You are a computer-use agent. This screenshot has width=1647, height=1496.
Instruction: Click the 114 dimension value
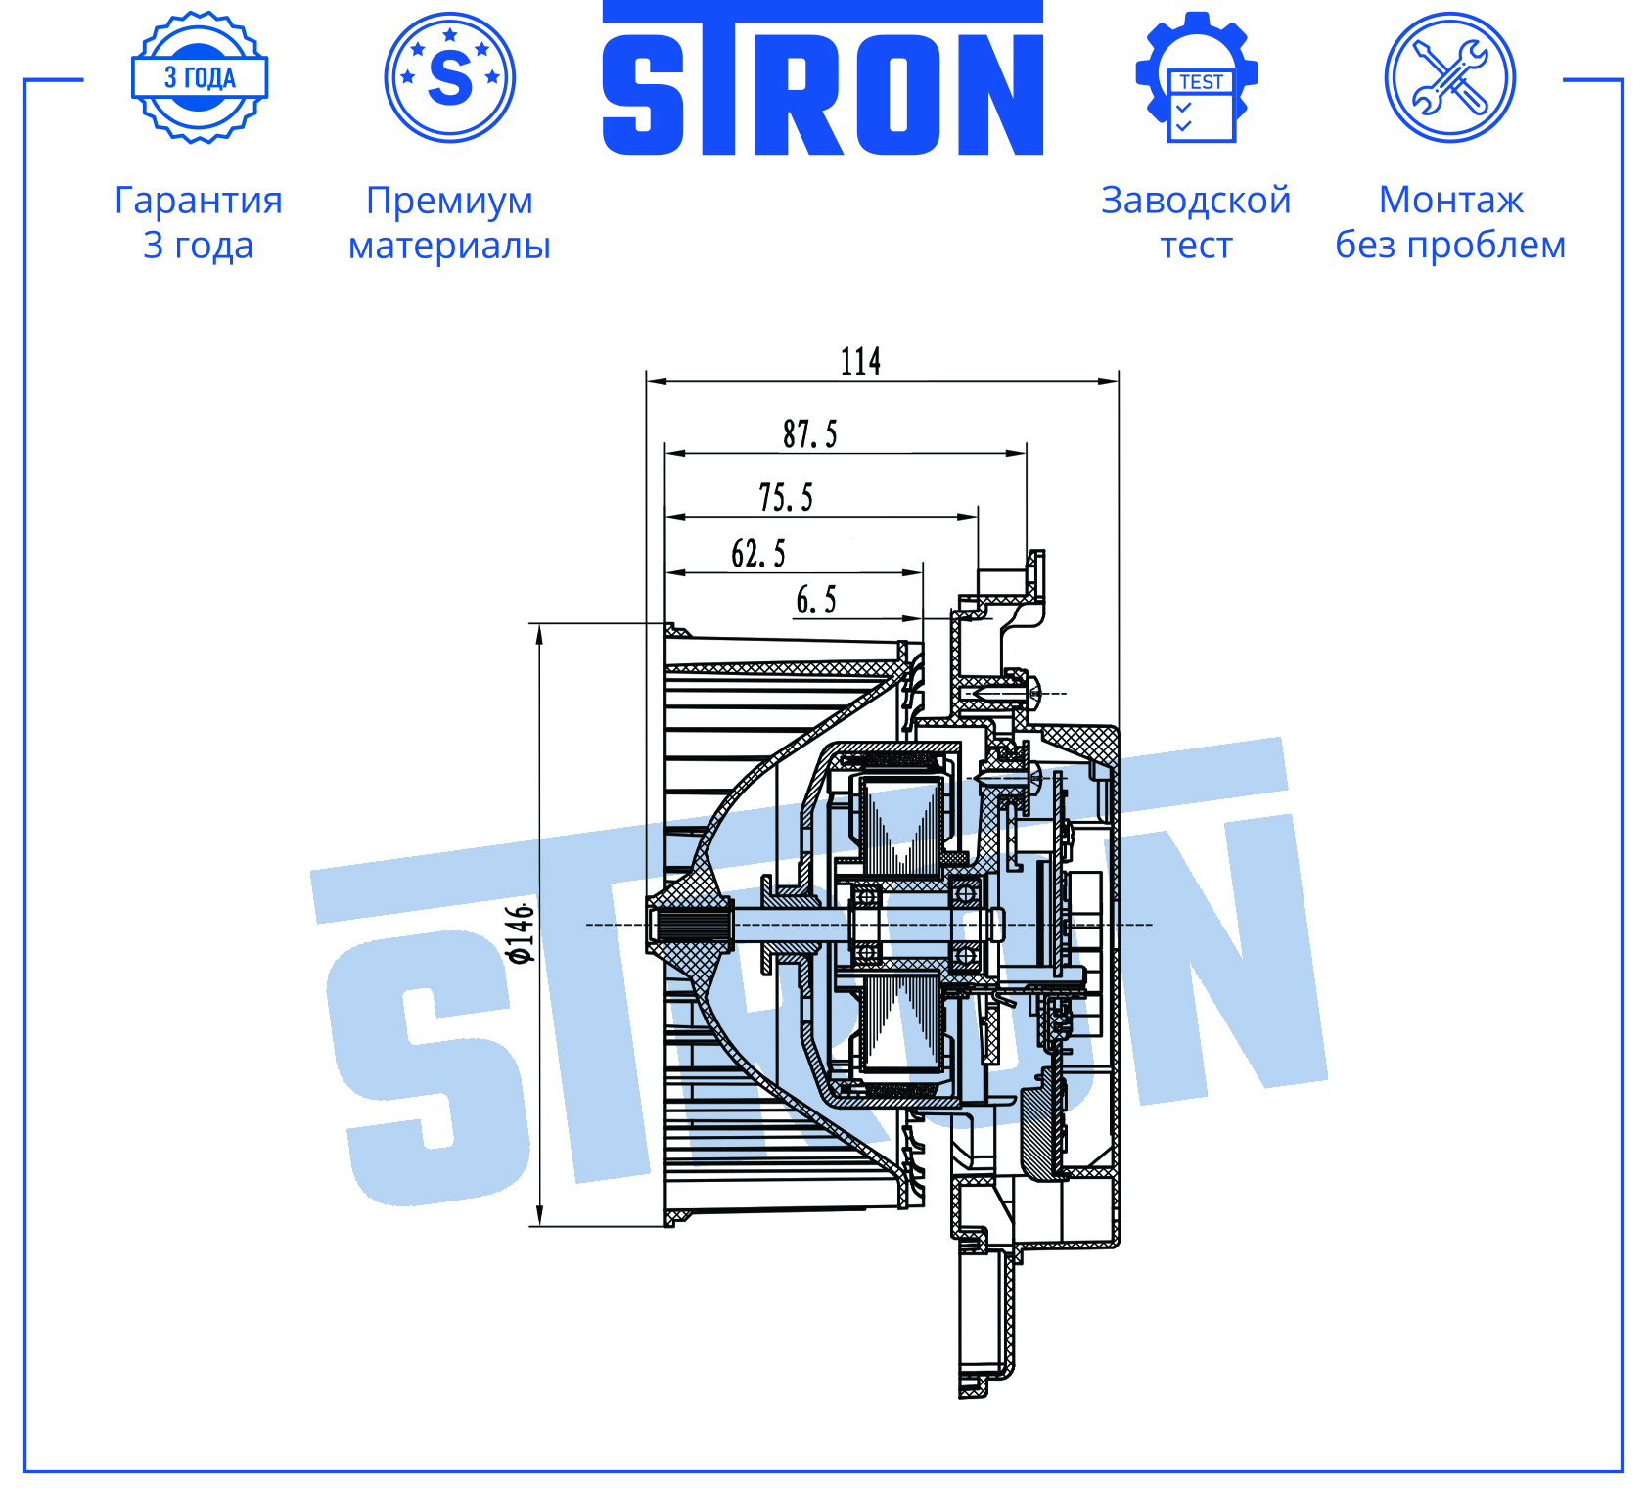(x=860, y=361)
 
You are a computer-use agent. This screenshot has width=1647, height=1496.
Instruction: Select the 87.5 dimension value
(x=809, y=433)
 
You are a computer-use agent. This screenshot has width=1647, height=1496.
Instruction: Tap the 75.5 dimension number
(x=785, y=497)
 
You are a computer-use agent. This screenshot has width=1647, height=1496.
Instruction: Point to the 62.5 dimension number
(x=757, y=553)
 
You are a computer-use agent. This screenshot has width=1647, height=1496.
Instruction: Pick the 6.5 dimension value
(x=815, y=600)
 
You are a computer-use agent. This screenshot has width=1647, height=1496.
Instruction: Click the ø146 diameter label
(x=521, y=933)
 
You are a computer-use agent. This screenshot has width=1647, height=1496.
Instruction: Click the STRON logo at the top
(x=822, y=78)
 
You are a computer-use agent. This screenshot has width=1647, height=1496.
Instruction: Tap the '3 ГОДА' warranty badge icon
(x=200, y=77)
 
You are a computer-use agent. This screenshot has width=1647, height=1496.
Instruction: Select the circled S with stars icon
(x=449, y=77)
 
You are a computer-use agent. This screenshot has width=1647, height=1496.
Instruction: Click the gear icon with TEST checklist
(x=1196, y=77)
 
